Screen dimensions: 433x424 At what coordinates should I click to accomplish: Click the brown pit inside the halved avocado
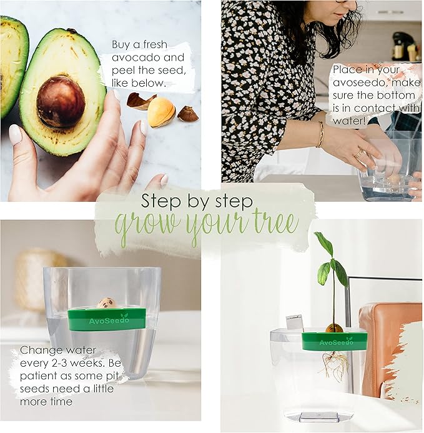[61, 101]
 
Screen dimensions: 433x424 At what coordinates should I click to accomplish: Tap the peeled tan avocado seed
[161, 112]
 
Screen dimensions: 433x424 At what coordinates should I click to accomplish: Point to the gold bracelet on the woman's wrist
[320, 134]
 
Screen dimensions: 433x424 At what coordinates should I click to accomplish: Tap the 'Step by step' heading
[197, 201]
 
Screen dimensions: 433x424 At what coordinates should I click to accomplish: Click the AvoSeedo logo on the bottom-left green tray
[105, 320]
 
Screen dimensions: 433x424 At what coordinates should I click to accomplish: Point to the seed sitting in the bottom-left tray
[107, 303]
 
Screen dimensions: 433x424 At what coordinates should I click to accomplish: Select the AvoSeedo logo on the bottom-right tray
[335, 342]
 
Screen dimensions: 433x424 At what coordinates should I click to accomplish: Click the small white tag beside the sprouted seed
[294, 322]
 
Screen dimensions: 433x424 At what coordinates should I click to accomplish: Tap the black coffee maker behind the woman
[402, 46]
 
